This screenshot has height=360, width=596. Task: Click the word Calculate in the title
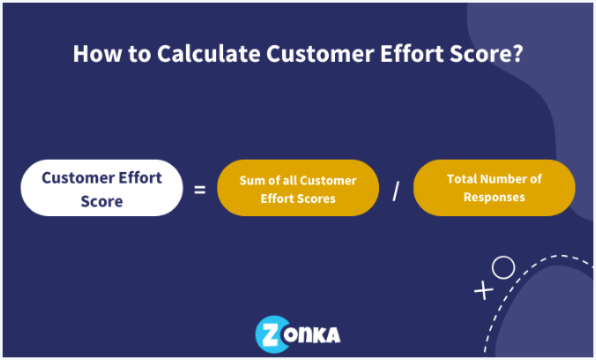[x=209, y=53]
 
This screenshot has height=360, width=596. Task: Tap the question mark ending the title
[x=518, y=53]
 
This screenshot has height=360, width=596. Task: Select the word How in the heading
[x=97, y=53]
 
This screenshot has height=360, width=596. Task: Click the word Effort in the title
[x=412, y=53]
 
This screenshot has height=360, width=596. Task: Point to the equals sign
[x=200, y=189]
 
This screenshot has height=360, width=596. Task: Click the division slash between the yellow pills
[x=396, y=191]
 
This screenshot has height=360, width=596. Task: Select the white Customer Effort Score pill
[x=101, y=188]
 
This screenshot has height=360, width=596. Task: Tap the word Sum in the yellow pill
[x=250, y=180]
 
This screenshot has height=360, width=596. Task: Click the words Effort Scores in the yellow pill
[x=298, y=199]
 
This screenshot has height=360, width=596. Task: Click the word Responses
[x=494, y=198]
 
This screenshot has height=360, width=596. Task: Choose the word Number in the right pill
[x=501, y=179]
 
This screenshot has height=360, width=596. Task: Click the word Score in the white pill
[x=101, y=201]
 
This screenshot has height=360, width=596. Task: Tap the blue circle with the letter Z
[x=272, y=334]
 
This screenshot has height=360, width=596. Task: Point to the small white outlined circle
[x=503, y=267]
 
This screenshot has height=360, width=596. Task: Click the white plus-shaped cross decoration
[x=483, y=290]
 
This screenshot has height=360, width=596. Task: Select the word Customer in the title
[x=320, y=53]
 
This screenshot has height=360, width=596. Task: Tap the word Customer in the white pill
[x=78, y=177]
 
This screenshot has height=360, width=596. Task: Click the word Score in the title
[x=479, y=53]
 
